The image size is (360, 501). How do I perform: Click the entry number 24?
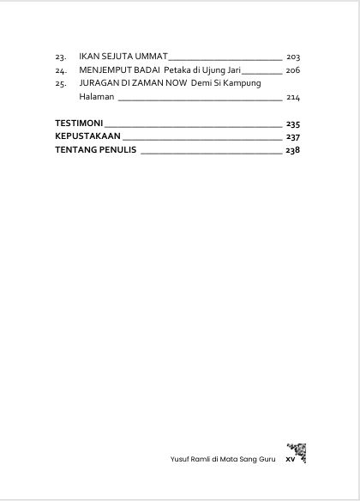tap(60, 69)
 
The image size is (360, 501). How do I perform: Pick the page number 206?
tap(293, 69)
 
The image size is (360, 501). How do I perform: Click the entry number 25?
tap(60, 83)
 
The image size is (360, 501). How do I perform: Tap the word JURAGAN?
tap(99, 83)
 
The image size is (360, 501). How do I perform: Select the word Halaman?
tap(96, 97)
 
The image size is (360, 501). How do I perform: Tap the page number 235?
tap(293, 123)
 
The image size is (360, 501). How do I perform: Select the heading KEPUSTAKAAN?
tap(87, 136)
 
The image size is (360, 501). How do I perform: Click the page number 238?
tap(293, 150)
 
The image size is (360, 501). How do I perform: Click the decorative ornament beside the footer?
tap(296, 452)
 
